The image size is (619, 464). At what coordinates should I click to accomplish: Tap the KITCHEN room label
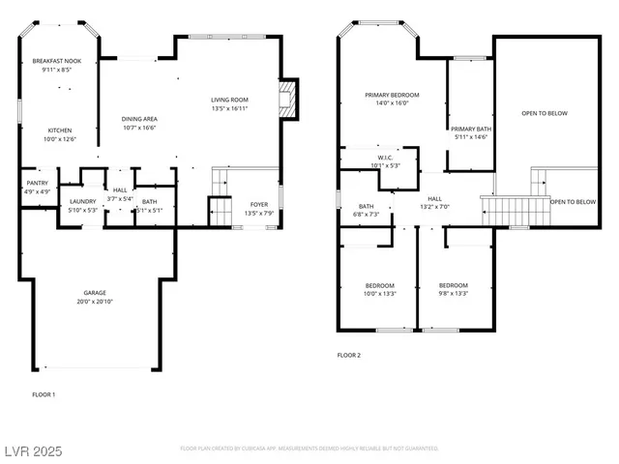click(60, 130)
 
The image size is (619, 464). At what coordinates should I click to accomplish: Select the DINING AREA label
click(139, 119)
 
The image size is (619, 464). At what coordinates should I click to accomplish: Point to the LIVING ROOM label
click(230, 100)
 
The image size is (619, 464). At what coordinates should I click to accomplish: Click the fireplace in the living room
click(286, 97)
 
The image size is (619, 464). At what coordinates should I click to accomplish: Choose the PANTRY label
click(37, 183)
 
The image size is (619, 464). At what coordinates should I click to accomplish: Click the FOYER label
click(258, 204)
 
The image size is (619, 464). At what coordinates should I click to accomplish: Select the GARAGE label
click(94, 293)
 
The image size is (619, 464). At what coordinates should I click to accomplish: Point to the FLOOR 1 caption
click(44, 394)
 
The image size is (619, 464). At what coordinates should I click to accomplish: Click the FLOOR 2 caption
click(348, 356)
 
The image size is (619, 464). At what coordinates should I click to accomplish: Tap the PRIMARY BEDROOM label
click(391, 95)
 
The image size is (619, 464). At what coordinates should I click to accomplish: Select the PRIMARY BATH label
click(471, 129)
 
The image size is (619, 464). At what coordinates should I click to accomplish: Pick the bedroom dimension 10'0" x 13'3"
click(379, 295)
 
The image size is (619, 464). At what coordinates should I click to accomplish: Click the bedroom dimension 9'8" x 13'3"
click(453, 295)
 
